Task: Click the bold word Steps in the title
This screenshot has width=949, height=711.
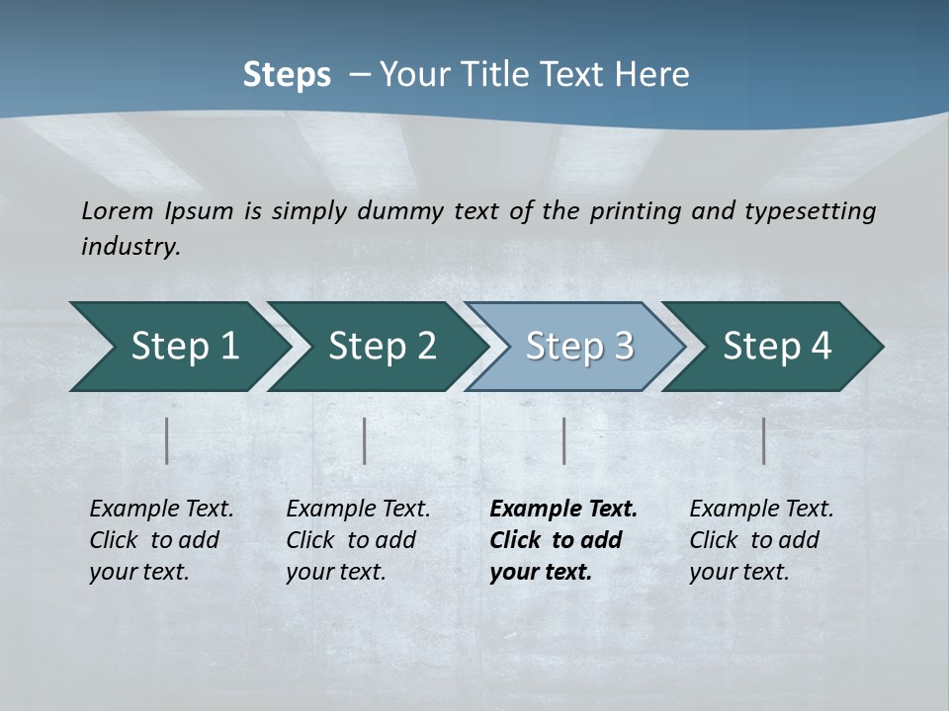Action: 287,75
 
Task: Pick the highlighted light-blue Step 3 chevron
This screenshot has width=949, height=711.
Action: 576,346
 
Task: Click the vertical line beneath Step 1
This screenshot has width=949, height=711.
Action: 167,440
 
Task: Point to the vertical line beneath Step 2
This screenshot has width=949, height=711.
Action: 365,440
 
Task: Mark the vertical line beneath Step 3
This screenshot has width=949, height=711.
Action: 564,440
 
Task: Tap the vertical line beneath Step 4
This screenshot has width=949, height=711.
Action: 764,440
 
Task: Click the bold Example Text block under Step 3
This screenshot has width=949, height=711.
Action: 563,540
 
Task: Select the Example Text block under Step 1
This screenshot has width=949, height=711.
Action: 161,540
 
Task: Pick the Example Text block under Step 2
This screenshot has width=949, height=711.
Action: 358,540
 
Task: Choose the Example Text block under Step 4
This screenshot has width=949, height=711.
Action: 761,540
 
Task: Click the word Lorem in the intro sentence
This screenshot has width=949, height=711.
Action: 118,210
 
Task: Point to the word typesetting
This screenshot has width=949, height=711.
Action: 809,210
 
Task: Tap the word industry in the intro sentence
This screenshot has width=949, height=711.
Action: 130,246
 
